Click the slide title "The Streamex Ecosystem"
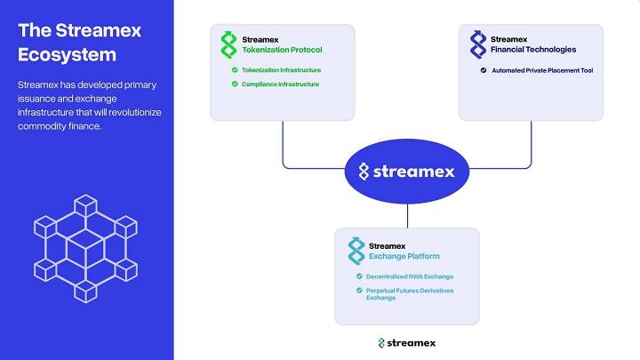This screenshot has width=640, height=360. (x=80, y=42)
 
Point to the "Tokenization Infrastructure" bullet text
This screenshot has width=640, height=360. (x=281, y=69)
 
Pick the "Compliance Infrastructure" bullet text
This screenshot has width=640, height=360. (x=279, y=84)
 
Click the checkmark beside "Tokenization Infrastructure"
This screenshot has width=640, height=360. (x=234, y=69)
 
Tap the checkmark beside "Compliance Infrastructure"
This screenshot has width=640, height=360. (x=234, y=84)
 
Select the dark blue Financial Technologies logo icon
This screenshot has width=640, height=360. (x=477, y=44)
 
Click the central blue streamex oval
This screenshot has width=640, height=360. (x=406, y=172)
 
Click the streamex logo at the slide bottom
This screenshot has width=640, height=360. (x=406, y=342)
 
